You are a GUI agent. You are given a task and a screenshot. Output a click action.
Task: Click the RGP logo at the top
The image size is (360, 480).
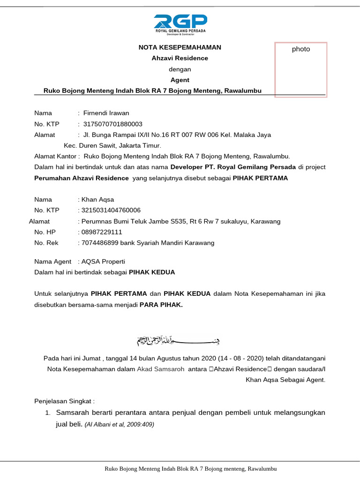click(x=180, y=24)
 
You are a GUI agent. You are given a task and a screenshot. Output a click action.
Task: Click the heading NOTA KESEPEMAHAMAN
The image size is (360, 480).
click(x=180, y=47)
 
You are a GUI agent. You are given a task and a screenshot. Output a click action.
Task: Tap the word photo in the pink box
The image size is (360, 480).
click(x=300, y=49)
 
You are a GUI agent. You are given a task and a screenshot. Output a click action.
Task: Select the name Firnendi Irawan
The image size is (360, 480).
click(x=106, y=113)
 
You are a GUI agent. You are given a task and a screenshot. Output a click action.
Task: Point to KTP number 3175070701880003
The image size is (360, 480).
click(x=112, y=124)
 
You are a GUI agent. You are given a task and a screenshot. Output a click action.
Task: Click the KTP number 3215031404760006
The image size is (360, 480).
click(x=111, y=210)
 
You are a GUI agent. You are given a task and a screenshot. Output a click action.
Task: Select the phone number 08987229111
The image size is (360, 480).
click(x=102, y=232)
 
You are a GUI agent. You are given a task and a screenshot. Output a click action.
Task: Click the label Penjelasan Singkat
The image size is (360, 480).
click(x=64, y=401)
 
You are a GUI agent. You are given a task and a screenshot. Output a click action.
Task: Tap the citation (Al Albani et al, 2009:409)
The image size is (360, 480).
click(x=119, y=425)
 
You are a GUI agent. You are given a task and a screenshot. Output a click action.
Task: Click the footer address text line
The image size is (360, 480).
click(x=190, y=469)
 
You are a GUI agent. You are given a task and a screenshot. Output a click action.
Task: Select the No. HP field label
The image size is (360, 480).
click(x=45, y=232)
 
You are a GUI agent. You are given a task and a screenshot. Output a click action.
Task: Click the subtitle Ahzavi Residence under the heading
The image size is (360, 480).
click(x=180, y=58)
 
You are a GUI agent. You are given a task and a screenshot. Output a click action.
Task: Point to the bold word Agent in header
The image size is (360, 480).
click(x=180, y=80)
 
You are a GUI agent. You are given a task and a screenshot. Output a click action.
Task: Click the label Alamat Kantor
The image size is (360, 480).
click(x=55, y=156)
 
